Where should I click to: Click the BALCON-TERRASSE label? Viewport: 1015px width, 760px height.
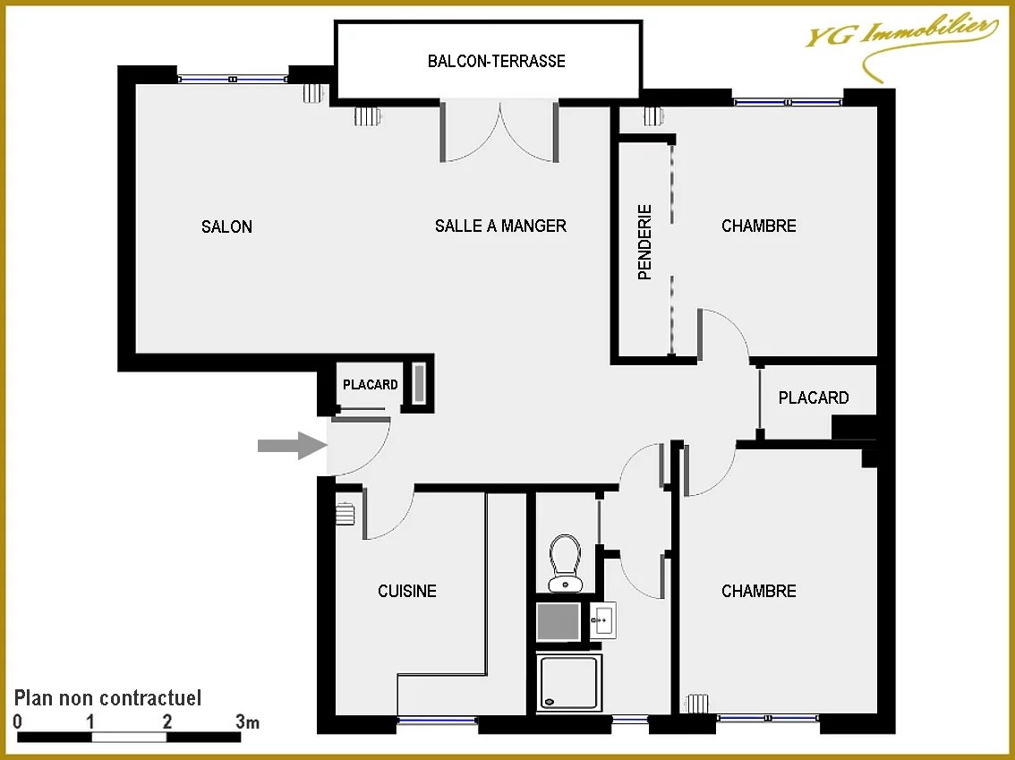pos(497,61)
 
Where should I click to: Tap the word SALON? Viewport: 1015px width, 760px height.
pos(226,226)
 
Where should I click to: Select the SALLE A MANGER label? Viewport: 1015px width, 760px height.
pos(500,226)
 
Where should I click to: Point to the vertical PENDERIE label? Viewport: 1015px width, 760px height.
pos(644,242)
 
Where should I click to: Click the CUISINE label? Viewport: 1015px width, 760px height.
pos(407,591)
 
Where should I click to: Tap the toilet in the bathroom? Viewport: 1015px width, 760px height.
pos(565,563)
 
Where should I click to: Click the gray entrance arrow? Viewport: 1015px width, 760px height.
pos(292,446)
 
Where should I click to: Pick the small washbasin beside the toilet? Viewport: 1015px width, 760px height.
pos(602,620)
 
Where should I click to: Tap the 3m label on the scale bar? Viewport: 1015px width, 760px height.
pos(247,722)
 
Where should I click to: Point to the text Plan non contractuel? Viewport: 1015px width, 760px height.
pos(107,698)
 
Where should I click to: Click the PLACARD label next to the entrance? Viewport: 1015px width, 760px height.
pos(371,385)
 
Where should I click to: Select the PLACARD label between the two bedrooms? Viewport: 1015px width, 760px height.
pos(814,397)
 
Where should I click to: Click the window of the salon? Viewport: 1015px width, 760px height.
pos(233,79)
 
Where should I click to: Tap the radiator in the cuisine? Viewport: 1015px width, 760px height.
pos(345,514)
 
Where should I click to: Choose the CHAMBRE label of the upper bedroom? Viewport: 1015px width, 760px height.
pos(759,226)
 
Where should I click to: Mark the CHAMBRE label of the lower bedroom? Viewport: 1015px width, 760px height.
pos(759,591)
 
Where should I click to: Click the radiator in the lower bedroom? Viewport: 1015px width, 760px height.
pos(696,704)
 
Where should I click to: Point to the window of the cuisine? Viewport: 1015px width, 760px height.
pos(438,720)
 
